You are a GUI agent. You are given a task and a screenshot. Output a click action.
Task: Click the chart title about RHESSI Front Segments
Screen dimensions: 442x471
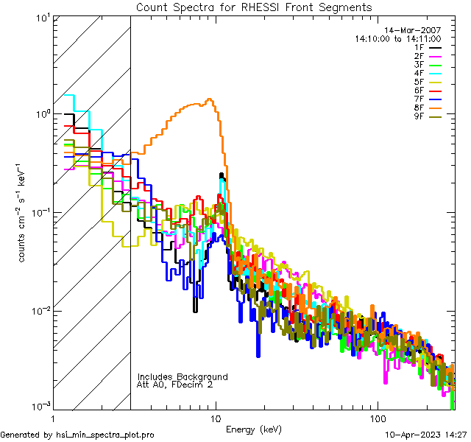pos(254,7)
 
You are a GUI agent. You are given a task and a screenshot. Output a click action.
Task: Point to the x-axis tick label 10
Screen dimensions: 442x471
pos(216,417)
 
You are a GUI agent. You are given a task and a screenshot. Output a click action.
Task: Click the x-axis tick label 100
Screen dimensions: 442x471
pos(377,417)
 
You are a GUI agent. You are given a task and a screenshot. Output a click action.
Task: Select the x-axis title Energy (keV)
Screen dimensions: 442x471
pos(253,429)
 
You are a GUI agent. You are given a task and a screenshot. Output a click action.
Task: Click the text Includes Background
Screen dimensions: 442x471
pos(183,377)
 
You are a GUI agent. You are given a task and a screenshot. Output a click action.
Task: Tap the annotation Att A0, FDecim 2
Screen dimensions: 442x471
pos(175,385)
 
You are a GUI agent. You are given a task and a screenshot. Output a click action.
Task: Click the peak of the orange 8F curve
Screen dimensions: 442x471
pos(210,99)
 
